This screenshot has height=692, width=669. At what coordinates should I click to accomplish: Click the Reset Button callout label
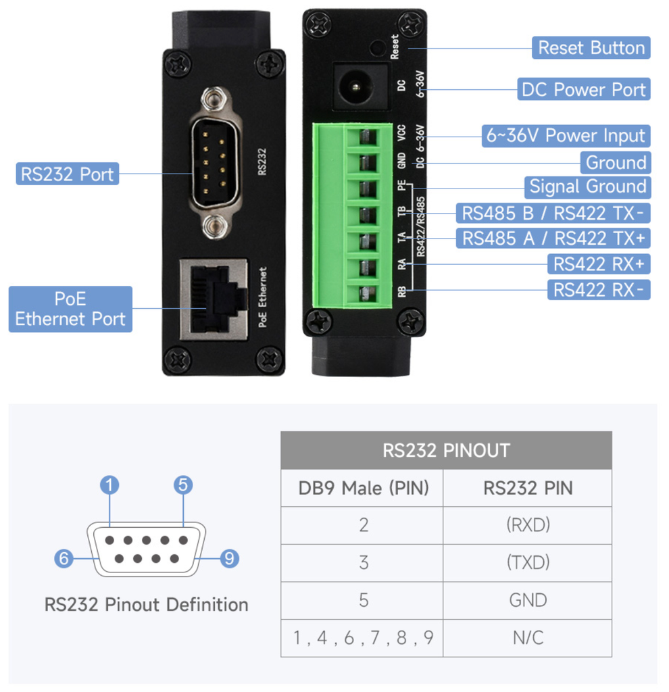tap(591, 48)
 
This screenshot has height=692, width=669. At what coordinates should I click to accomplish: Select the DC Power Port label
tap(584, 89)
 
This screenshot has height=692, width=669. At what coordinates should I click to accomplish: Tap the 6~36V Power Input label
tap(566, 136)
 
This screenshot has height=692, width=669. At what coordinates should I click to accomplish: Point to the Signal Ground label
tap(587, 187)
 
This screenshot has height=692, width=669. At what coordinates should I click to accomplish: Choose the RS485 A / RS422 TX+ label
tap(553, 238)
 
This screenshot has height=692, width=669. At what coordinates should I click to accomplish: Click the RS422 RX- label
tap(599, 290)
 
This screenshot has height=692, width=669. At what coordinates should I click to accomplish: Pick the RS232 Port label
tap(67, 174)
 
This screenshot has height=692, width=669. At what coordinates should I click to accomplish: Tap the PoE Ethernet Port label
tap(70, 309)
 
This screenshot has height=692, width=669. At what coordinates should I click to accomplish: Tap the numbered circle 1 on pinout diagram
tap(109, 485)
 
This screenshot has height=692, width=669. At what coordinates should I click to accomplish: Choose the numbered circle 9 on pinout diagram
tap(230, 558)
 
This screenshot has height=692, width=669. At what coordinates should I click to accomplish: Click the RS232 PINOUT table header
tap(446, 450)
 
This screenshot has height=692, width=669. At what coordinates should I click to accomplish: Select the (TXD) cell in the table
tap(527, 562)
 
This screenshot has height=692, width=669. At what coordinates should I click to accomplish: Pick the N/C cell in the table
tap(527, 637)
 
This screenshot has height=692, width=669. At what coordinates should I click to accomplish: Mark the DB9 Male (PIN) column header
tap(363, 488)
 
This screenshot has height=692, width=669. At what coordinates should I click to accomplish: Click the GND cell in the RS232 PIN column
tap(527, 600)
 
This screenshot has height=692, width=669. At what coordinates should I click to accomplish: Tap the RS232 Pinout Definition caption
tap(146, 604)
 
